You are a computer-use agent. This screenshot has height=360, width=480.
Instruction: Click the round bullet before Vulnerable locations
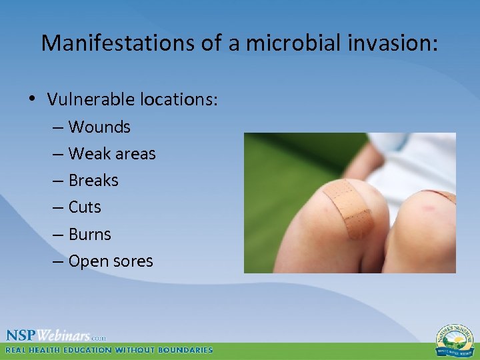(x=33, y=100)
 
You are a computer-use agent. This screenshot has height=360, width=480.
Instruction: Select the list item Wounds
(x=99, y=127)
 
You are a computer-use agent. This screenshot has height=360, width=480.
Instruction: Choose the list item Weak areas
(x=111, y=153)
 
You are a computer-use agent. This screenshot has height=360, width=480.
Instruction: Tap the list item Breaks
(x=93, y=180)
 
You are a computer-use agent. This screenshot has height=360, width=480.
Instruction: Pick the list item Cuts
(x=85, y=207)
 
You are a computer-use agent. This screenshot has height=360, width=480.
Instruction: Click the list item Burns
(x=90, y=234)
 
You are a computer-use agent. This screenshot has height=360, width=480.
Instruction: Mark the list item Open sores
(x=110, y=261)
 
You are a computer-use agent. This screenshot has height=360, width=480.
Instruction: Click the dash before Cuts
(x=59, y=207)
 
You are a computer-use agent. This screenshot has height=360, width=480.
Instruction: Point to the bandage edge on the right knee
(x=440, y=195)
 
